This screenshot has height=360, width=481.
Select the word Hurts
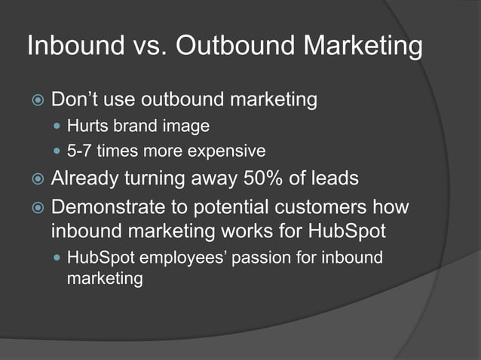pyautogui.click(x=87, y=126)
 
